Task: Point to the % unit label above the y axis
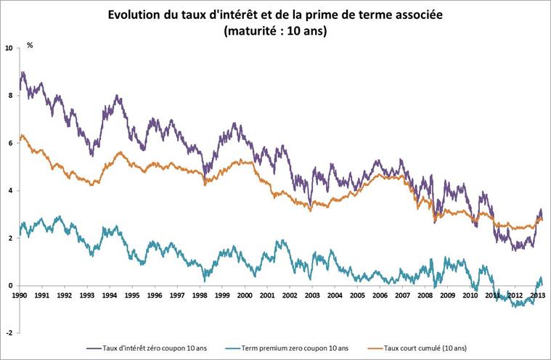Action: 30,45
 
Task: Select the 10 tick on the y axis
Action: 9,48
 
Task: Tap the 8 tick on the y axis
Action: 11,95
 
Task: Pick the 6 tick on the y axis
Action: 11,143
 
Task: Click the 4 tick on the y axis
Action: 11,191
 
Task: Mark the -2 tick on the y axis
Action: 9,332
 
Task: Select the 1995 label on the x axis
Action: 131,295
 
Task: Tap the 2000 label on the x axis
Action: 245,295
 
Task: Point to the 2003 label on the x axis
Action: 312,295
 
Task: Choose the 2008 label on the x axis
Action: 425,295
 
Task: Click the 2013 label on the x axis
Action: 538,295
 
